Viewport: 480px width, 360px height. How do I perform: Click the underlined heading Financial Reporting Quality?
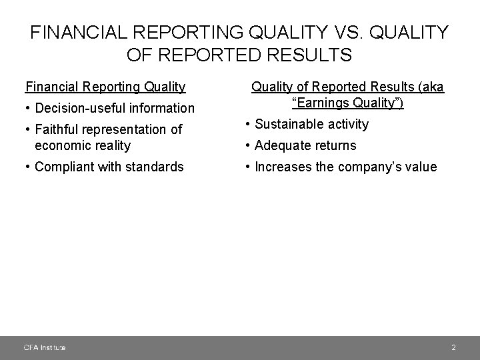105,87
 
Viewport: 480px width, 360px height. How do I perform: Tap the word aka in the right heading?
432,87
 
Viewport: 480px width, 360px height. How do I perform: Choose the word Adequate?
286,145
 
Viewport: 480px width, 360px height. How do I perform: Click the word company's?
369,167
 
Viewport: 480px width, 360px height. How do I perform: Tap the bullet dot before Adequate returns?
248,145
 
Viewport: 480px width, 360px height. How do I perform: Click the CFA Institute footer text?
44,347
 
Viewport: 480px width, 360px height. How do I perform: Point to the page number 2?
453,347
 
